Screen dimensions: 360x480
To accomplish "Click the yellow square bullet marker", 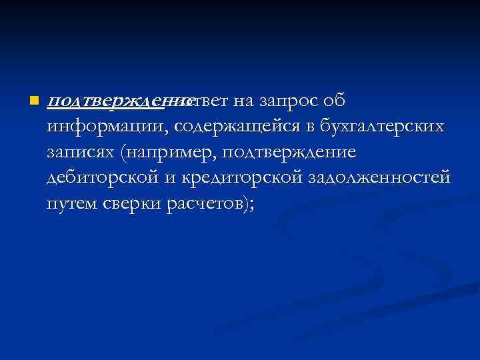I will click(x=33, y=101).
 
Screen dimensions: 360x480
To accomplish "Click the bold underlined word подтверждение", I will click(x=117, y=101).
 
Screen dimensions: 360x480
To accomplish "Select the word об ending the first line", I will click(x=333, y=101).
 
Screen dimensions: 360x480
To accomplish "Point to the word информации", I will click(x=103, y=127).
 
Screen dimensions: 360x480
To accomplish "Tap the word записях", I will click(x=82, y=153).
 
